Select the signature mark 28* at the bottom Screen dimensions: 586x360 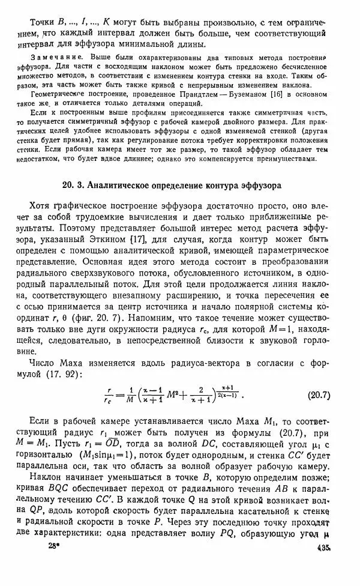56,564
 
